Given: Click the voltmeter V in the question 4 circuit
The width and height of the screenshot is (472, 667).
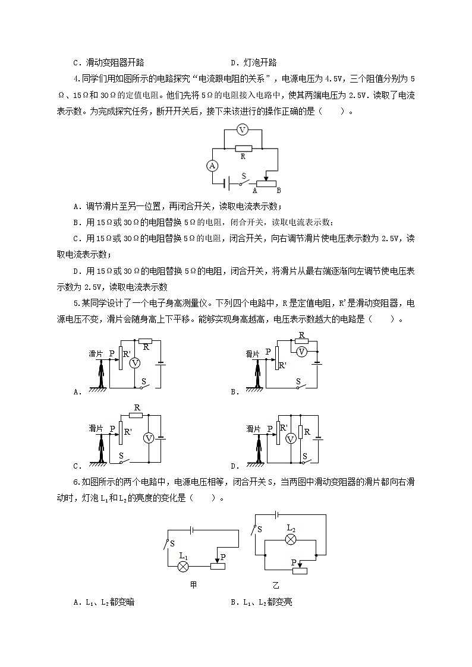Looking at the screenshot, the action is (x=242, y=130).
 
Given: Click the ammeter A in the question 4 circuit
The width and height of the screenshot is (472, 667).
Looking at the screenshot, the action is (x=212, y=166).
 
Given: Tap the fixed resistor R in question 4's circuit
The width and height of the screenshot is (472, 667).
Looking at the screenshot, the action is (x=243, y=148).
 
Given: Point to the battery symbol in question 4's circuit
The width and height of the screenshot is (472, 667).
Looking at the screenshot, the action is (x=227, y=184).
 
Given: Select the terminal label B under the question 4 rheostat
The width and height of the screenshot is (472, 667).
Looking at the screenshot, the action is (x=278, y=191).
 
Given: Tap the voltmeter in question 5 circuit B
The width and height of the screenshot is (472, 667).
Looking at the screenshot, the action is (x=301, y=352).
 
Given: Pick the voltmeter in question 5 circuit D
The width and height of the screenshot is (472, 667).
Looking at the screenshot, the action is (x=291, y=439).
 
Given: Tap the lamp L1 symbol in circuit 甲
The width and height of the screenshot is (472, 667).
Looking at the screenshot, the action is (x=184, y=567).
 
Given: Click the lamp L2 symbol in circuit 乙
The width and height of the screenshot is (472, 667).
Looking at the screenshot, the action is (x=291, y=539).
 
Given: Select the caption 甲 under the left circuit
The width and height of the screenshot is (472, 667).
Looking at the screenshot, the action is (x=193, y=585).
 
